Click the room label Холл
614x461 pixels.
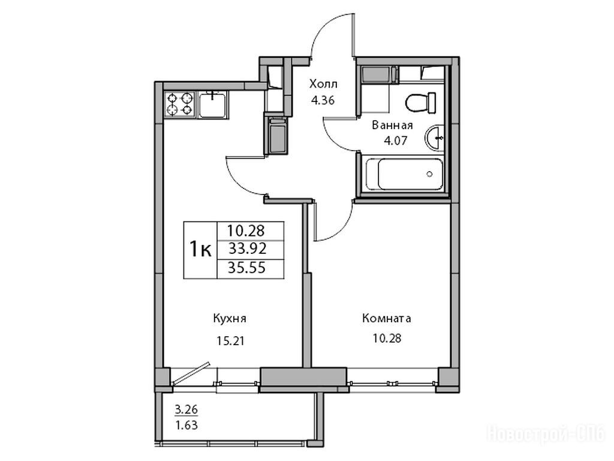(x=323, y=84)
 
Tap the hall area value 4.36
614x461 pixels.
(x=323, y=101)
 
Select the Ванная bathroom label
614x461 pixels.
(x=392, y=125)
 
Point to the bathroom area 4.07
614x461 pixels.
(x=396, y=140)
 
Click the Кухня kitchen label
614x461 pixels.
(x=230, y=318)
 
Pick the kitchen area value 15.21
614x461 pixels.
(x=230, y=341)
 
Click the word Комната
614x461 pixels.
(x=387, y=318)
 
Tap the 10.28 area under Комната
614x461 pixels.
(x=387, y=338)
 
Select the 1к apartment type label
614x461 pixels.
(x=200, y=249)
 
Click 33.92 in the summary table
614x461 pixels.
(x=247, y=249)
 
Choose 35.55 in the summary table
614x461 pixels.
(x=247, y=268)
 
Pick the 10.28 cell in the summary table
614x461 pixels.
(x=246, y=230)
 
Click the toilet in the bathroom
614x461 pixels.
(x=420, y=103)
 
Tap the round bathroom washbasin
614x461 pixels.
(x=434, y=137)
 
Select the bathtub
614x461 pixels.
(x=405, y=173)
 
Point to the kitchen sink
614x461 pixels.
(x=212, y=104)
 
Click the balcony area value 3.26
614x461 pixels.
(x=186, y=410)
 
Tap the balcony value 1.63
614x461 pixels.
(x=186, y=425)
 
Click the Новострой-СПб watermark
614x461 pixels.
(x=546, y=434)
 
